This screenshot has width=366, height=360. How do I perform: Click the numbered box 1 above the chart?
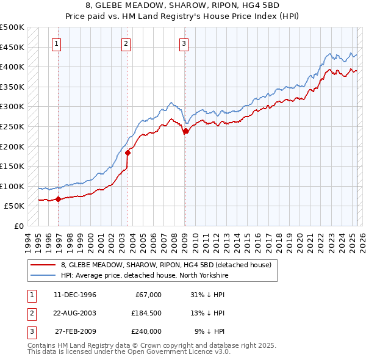[56, 43]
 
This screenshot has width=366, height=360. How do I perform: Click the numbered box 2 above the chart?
[126, 43]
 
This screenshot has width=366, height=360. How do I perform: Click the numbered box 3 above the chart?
[184, 43]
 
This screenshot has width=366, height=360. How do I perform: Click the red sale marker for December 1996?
[58, 199]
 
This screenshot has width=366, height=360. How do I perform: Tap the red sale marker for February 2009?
[185, 131]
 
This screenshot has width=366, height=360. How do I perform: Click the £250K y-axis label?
[12, 126]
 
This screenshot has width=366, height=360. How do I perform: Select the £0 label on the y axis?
[18, 226]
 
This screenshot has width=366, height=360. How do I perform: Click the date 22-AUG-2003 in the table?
[75, 313]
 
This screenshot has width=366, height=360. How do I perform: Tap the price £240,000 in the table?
[147, 331]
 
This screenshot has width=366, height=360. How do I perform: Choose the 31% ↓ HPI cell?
[207, 295]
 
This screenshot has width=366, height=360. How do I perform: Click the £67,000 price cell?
[149, 295]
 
